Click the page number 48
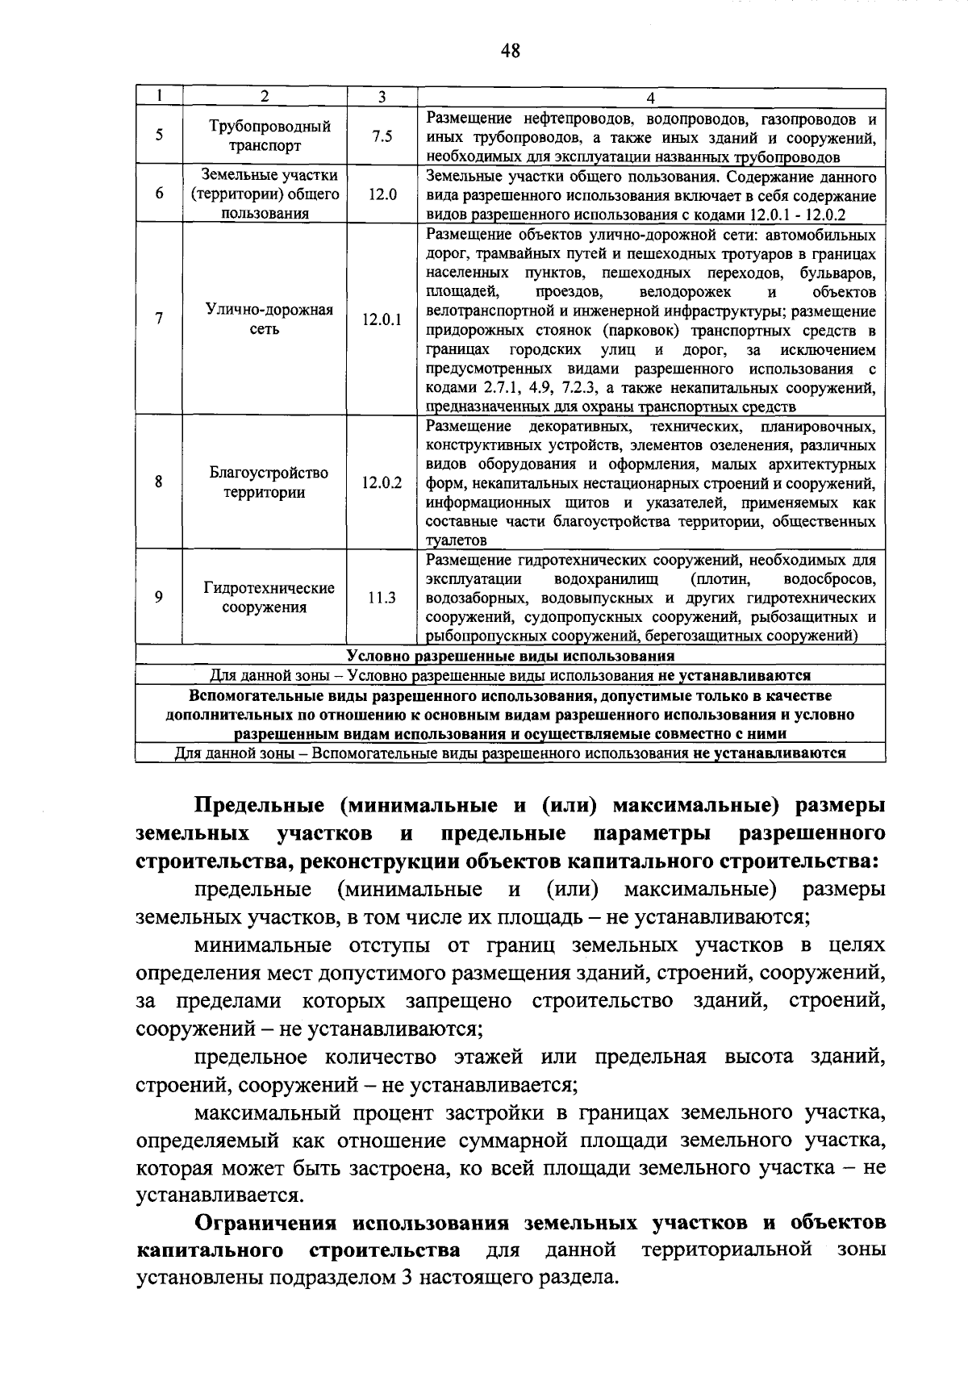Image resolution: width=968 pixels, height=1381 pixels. pos(510,52)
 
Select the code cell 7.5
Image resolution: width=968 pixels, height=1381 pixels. pos(382,136)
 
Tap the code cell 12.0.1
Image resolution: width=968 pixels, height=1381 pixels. pos(382,319)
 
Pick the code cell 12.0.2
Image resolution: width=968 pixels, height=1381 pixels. pos(382,482)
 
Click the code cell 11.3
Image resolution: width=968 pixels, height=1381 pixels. pos(382,598)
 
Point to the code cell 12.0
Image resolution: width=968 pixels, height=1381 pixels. pos(382,194)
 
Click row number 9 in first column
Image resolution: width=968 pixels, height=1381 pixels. pos(159,598)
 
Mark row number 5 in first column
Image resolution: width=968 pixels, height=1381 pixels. pos(159,136)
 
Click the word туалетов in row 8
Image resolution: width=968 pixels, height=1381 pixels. pos(456,540)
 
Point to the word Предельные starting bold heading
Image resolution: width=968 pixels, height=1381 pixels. pos(260,806)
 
